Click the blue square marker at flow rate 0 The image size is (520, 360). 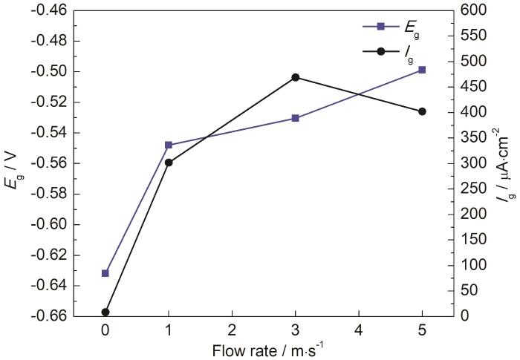[x=105, y=273]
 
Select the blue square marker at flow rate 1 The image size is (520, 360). [x=169, y=145]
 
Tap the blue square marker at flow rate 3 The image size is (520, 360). [x=296, y=118]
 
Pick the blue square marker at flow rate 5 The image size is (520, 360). [x=422, y=70]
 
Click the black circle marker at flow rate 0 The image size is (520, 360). [x=105, y=312]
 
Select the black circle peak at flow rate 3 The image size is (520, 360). [x=296, y=77]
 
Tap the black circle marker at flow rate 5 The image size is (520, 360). [x=422, y=111]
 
